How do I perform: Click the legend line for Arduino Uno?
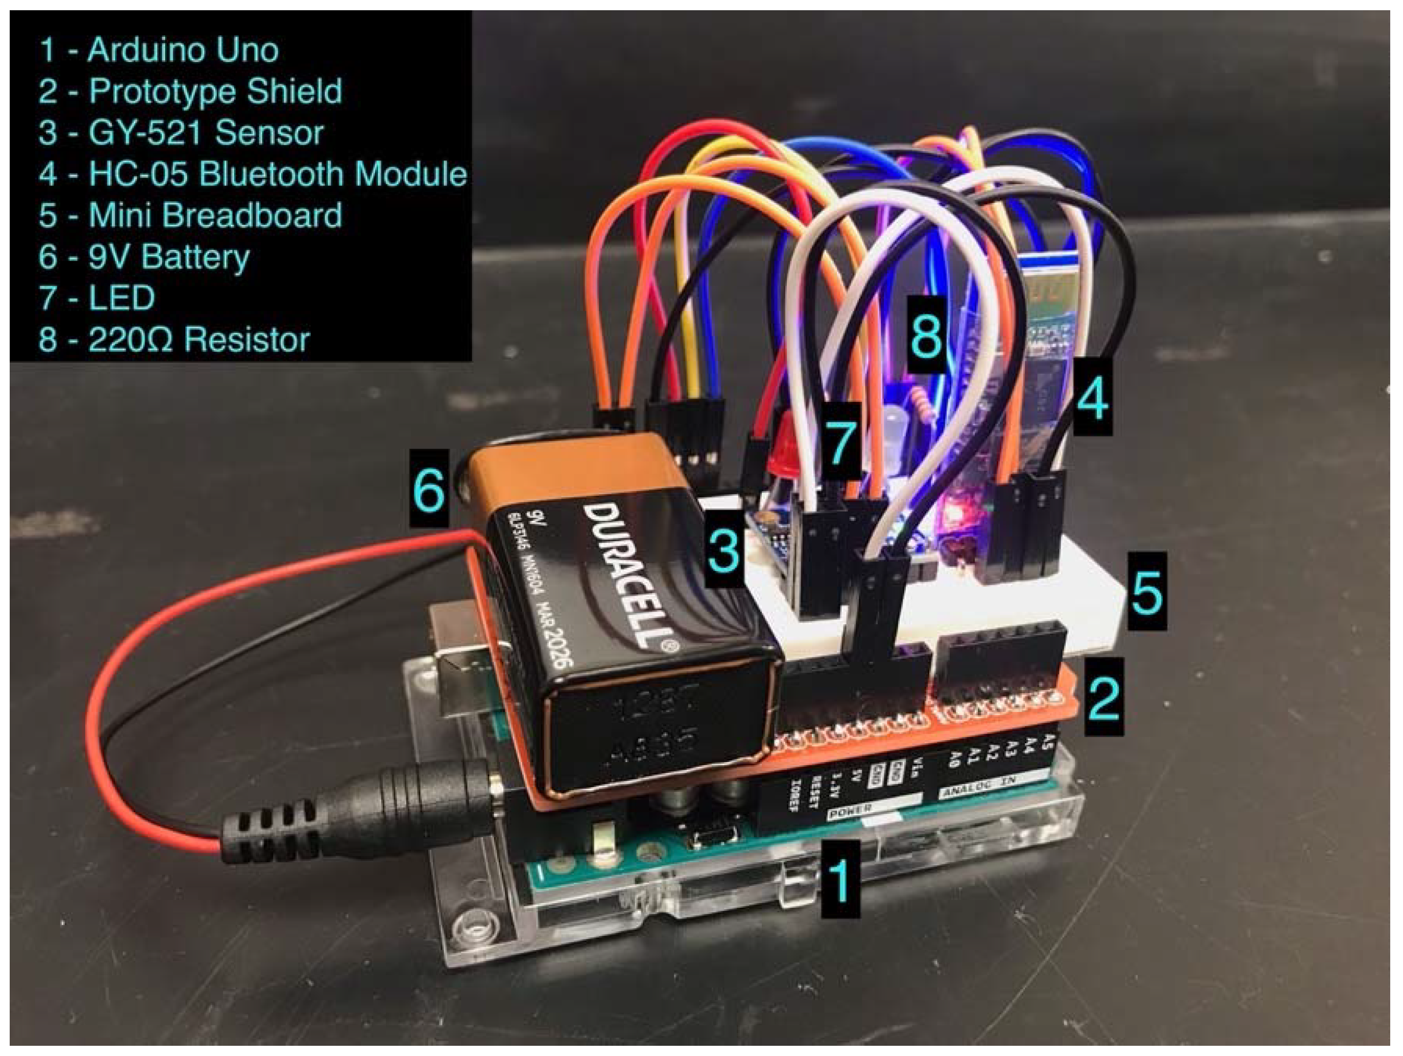tap(158, 50)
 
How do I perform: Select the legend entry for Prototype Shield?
tap(190, 91)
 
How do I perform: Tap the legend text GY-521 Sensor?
tap(181, 132)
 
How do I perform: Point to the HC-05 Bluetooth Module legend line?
tap(252, 174)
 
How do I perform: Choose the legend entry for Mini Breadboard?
tap(190, 215)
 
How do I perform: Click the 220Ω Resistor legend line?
tap(174, 339)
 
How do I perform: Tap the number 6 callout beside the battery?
tap(429, 489)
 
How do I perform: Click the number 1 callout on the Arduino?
tap(840, 879)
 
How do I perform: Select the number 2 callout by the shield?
tap(1104, 697)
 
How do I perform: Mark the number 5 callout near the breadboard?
tap(1147, 591)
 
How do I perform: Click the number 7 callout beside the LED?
tap(841, 442)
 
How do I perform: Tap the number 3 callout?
tap(723, 549)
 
